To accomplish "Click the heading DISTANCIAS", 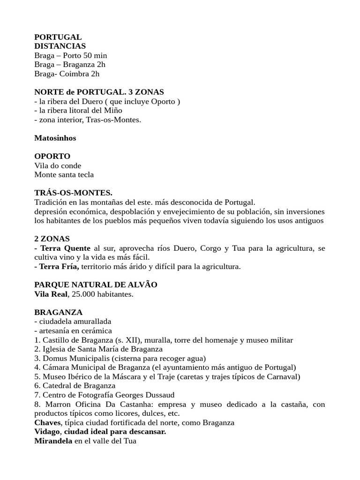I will [60, 46].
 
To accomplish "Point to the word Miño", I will [112, 110].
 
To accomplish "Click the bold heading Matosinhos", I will [55, 138].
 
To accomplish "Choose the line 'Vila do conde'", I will [58, 165].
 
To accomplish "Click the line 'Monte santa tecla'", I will [64, 174].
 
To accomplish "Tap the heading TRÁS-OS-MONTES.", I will [73, 193].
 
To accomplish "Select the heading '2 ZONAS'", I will [52, 239].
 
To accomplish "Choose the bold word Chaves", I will [47, 422].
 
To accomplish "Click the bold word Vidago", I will [47, 431].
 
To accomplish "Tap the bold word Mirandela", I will [53, 441].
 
